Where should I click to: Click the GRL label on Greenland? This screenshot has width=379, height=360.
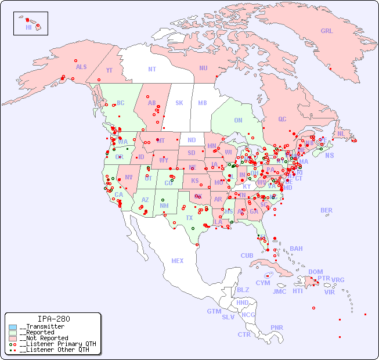point(327,31)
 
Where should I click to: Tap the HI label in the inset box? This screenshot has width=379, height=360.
point(28,27)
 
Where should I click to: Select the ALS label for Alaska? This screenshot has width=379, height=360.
point(81,67)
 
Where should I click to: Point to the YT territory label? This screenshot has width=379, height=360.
point(109,71)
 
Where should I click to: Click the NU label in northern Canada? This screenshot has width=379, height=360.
point(203,68)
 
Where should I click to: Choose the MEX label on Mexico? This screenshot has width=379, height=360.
point(177,261)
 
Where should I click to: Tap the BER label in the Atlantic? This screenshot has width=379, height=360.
point(326,210)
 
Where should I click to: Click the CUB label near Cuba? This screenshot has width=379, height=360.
point(247,255)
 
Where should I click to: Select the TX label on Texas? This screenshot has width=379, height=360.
point(189,218)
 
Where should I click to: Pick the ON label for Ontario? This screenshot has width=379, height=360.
point(238,120)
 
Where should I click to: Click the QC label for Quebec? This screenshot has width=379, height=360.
point(282,119)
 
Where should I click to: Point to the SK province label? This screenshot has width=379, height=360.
point(179,103)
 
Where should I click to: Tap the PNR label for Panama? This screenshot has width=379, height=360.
point(277,327)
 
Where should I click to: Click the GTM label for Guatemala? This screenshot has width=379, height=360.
point(214,311)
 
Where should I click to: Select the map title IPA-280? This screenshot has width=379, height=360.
point(53,319)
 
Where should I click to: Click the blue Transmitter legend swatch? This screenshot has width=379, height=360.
point(13,327)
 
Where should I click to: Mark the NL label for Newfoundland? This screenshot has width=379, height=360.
point(341,134)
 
